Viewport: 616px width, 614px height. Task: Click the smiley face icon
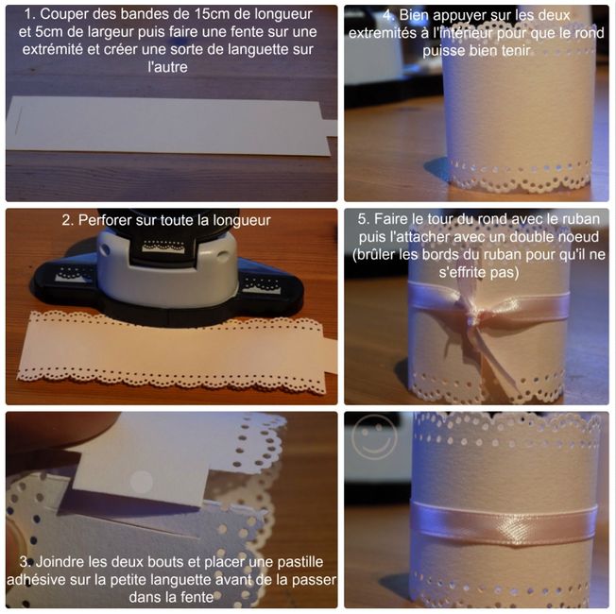373,436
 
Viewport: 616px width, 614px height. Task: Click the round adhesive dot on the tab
141,482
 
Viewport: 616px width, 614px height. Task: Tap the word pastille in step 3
300,562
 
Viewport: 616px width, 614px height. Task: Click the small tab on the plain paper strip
329,128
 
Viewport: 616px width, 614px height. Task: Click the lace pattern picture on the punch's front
163,247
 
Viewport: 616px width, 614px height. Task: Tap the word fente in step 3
196,597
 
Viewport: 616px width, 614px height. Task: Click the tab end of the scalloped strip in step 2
329,355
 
